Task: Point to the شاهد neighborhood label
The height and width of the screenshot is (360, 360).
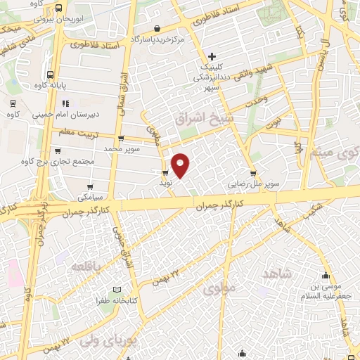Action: click(x=277, y=272)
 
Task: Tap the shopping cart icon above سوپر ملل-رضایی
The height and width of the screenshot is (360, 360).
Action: click(x=252, y=173)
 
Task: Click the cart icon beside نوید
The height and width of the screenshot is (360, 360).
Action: click(x=165, y=172)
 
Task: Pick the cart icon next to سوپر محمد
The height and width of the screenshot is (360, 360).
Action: click(x=122, y=139)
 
